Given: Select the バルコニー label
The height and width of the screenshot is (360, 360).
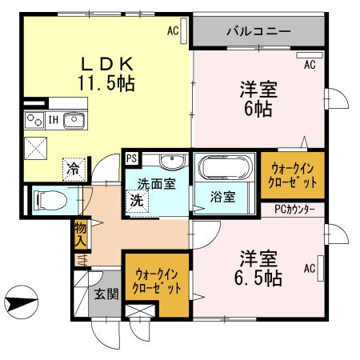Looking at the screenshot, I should pyautogui.click(x=258, y=33).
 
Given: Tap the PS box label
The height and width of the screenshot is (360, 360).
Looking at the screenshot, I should pyautogui.click(x=131, y=158).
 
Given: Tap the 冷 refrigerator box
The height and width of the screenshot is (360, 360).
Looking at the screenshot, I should pyautogui.click(x=73, y=169).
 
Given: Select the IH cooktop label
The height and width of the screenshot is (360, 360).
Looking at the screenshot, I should pyautogui.click(x=53, y=121).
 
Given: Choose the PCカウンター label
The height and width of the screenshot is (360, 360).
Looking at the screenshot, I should pyautogui.click(x=294, y=210).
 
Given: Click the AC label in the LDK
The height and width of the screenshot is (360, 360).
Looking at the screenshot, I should pyautogui.click(x=173, y=32).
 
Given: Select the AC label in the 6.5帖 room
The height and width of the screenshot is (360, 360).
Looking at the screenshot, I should pyautogui.click(x=307, y=270).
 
